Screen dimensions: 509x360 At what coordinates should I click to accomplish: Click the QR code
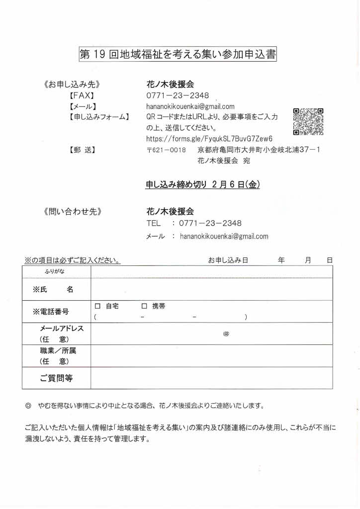pos(308,122)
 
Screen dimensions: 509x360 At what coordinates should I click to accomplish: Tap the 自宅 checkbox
pos(97,306)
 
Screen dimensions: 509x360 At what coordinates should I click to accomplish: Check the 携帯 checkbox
pos(145,306)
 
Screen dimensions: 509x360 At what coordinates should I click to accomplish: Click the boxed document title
pos(178,54)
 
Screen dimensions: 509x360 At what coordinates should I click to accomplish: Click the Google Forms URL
pos(209,139)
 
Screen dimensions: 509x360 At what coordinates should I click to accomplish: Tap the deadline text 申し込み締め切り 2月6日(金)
pos(202,184)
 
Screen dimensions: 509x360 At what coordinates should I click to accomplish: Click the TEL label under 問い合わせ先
pos(154,223)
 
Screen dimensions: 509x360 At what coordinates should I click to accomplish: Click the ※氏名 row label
pos(53,289)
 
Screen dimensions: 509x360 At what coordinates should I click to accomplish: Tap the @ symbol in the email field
pos(226,334)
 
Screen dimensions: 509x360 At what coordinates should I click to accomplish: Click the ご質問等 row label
pos(56,378)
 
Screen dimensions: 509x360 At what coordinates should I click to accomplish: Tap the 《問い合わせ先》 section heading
pos(73,211)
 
